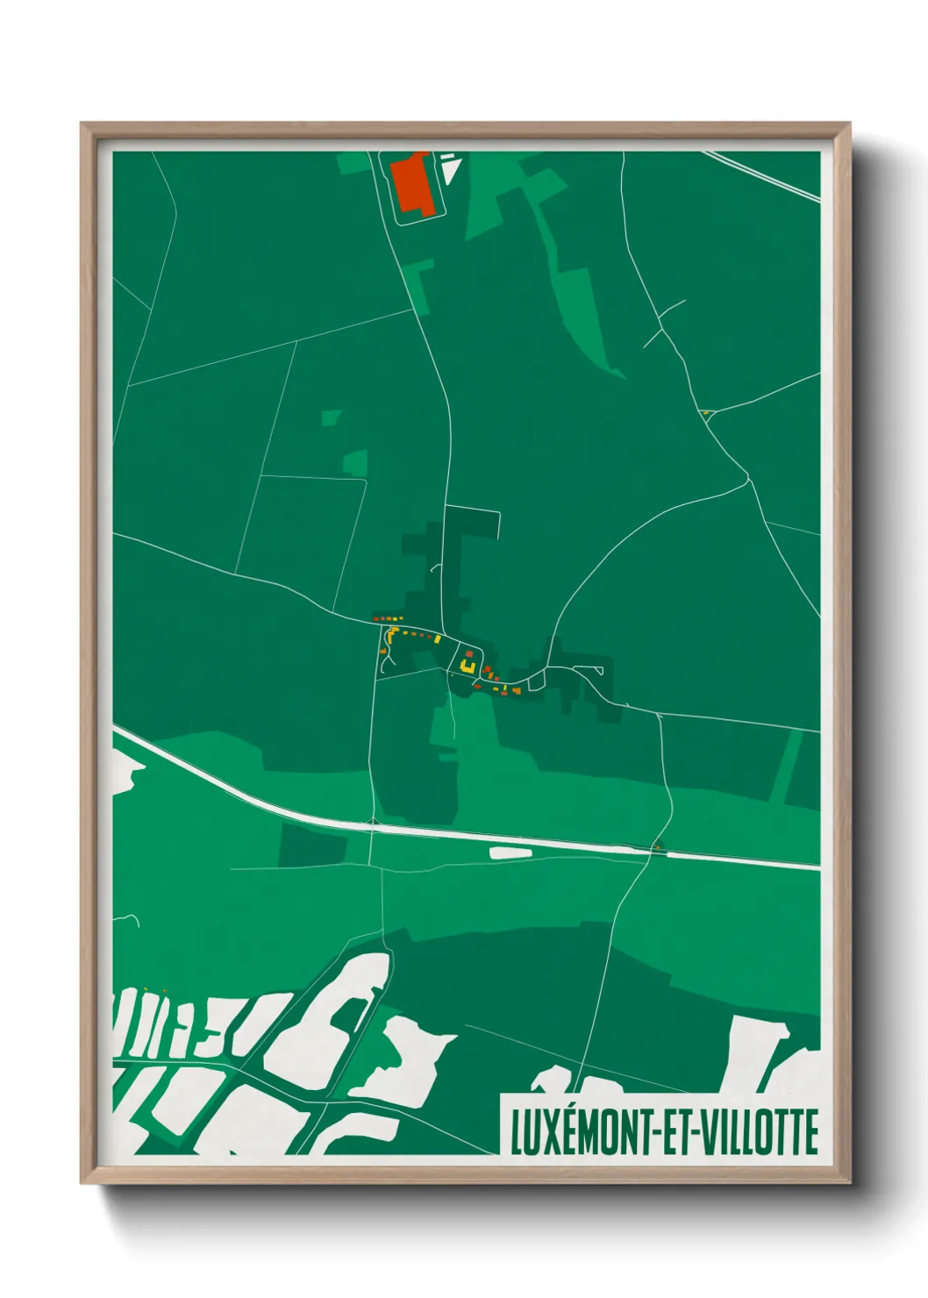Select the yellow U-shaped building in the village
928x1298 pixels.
[468, 668]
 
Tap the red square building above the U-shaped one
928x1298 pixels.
[469, 653]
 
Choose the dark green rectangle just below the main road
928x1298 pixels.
[313, 845]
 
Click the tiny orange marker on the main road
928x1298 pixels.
[655, 847]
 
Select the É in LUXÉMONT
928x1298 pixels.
[571, 1131]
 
